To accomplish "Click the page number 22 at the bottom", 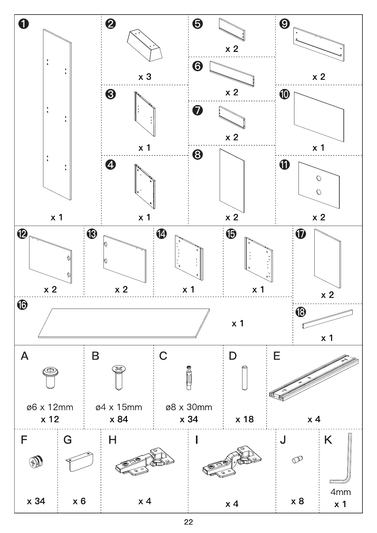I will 188,522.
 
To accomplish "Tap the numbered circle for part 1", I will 23,24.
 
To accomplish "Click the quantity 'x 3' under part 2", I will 145,77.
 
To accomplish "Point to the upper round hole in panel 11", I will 319,178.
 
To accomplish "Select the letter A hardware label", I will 24,356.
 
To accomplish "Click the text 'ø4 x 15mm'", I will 119,407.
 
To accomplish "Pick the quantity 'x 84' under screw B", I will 119,419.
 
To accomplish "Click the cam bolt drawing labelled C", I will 188,378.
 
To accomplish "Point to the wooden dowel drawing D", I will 244,378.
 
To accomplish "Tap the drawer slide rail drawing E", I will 314,377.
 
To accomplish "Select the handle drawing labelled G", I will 79,461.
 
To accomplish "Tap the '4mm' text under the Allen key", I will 341,492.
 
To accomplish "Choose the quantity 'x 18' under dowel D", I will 244,419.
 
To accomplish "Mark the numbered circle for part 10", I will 285,94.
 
